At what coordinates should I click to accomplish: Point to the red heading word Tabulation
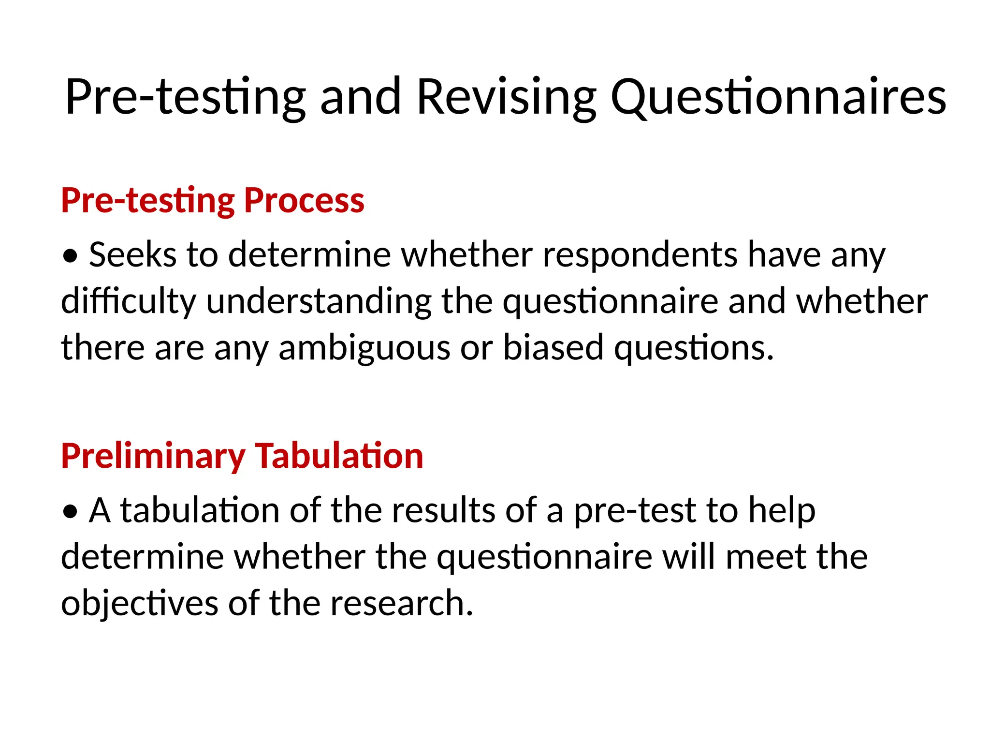click(339, 456)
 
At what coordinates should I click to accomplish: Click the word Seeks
click(132, 254)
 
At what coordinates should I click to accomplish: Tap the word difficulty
click(129, 301)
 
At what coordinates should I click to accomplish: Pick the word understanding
click(319, 301)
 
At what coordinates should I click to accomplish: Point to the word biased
click(553, 347)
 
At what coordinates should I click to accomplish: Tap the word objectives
click(140, 603)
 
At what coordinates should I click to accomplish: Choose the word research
click(401, 603)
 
